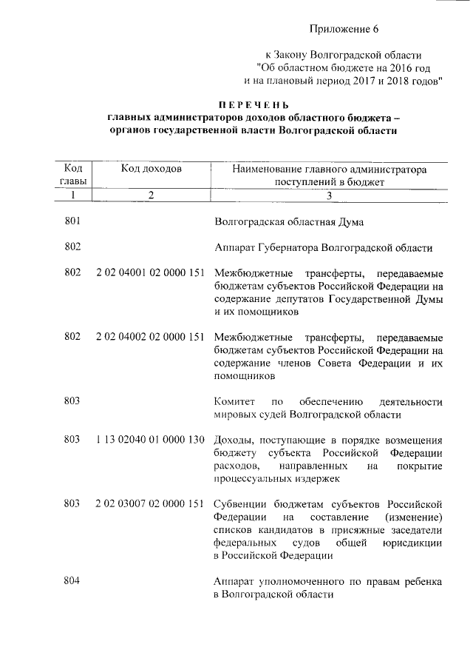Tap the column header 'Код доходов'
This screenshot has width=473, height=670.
click(151, 169)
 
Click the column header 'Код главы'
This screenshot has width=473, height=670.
click(72, 175)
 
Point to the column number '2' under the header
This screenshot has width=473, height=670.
click(150, 195)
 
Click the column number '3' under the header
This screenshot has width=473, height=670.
click(330, 195)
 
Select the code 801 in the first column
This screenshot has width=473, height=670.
click(72, 221)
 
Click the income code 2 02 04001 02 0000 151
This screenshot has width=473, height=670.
click(150, 273)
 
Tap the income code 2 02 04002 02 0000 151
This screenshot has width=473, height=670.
click(150, 337)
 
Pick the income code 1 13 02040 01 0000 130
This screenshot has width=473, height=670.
click(150, 440)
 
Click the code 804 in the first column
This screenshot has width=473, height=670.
click(72, 581)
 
